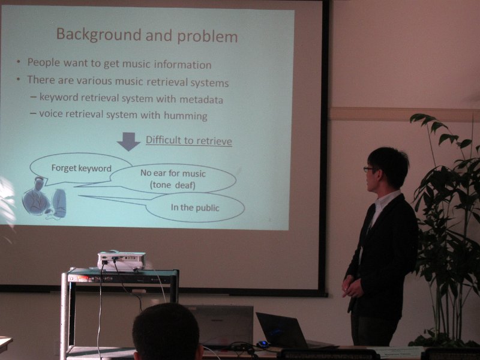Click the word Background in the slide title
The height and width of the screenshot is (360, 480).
[x=98, y=34]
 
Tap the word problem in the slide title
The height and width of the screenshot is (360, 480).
[x=208, y=37]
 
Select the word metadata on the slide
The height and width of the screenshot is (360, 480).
[x=201, y=100]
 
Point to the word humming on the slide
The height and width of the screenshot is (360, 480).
[x=185, y=116]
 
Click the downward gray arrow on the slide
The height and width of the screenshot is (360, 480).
[x=128, y=142]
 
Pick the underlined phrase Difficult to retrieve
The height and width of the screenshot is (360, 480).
[x=189, y=140]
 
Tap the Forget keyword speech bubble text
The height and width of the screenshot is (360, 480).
[x=81, y=169]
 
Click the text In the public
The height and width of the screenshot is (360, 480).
[x=195, y=208]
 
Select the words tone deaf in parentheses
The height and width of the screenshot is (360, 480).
[x=173, y=185]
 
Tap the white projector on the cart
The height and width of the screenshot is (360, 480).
[x=121, y=260]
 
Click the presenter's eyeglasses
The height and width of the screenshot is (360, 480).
[x=368, y=169]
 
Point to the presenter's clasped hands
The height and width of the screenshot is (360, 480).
[x=351, y=286]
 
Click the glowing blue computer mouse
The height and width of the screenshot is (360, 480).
[x=262, y=344]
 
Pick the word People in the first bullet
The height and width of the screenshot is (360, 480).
[x=43, y=62]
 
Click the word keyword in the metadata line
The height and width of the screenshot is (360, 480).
[x=59, y=97]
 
